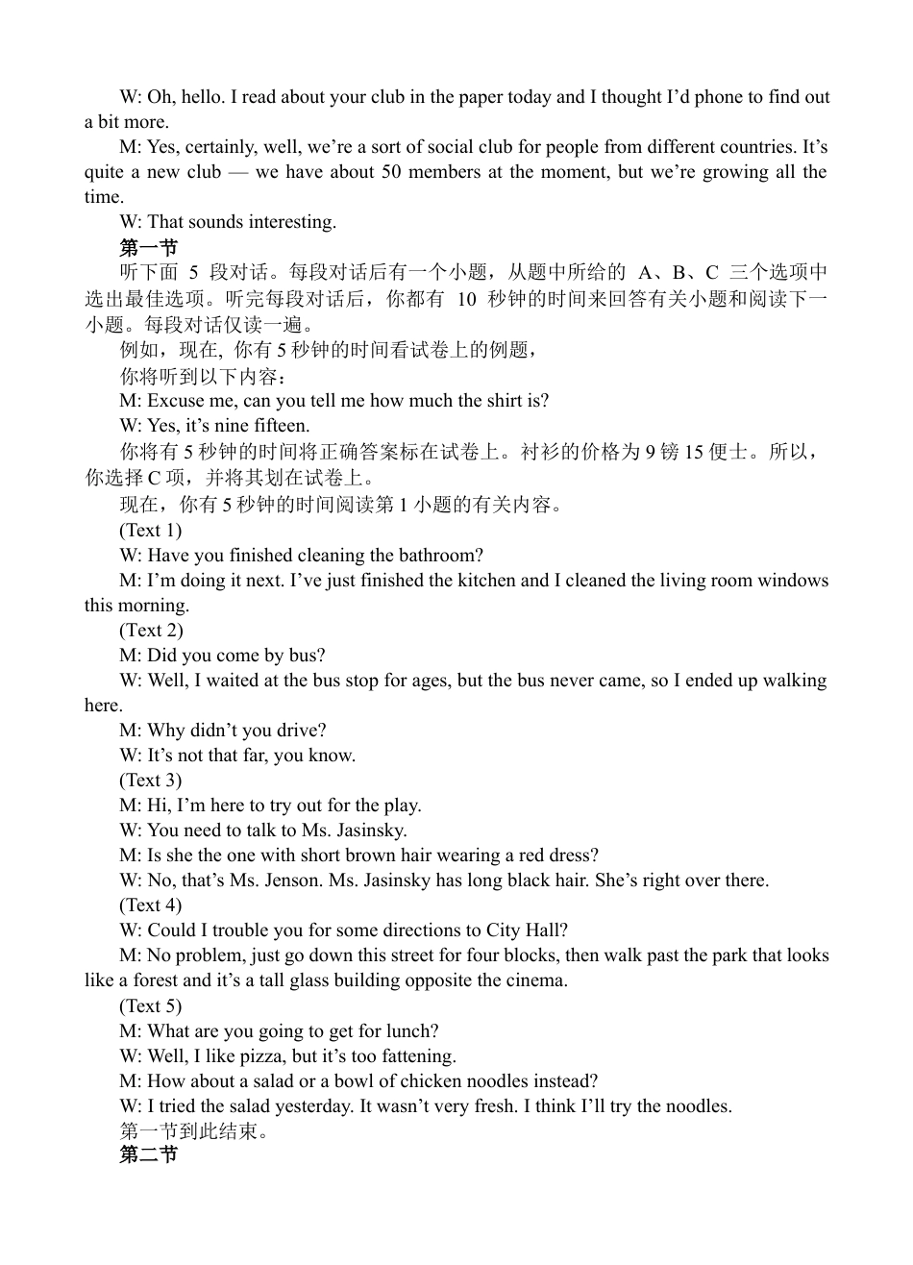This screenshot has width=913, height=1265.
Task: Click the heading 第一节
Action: [x=148, y=247]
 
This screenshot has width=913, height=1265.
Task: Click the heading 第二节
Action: [x=148, y=1154]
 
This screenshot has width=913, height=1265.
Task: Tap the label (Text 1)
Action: [x=151, y=530]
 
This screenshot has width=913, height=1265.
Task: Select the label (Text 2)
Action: [x=151, y=630]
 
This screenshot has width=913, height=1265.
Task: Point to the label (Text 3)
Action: [x=151, y=780]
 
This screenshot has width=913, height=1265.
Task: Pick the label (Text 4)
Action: [x=151, y=905]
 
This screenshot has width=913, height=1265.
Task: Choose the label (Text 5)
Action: [x=151, y=1005]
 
